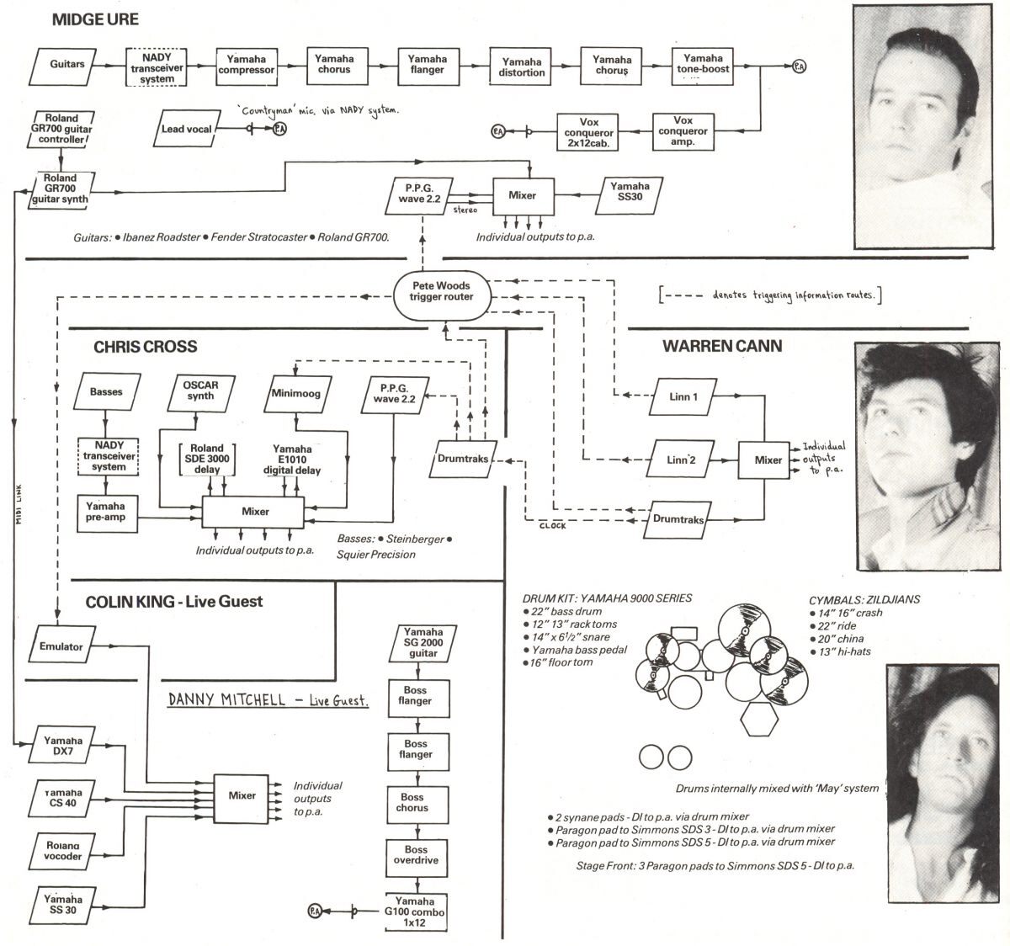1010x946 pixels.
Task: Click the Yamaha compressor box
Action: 246,65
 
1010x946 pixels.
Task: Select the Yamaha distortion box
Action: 522,67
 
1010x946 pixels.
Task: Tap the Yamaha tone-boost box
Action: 703,64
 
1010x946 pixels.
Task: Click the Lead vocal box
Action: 187,129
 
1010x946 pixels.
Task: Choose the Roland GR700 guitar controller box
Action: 61,129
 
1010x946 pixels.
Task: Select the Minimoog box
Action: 296,393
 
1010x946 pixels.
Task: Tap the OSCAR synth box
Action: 200,391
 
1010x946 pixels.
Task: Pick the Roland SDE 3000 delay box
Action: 206,460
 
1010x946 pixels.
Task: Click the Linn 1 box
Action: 683,396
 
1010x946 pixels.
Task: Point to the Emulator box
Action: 61,646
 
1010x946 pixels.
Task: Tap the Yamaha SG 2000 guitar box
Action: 423,642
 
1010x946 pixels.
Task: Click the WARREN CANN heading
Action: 721,346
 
